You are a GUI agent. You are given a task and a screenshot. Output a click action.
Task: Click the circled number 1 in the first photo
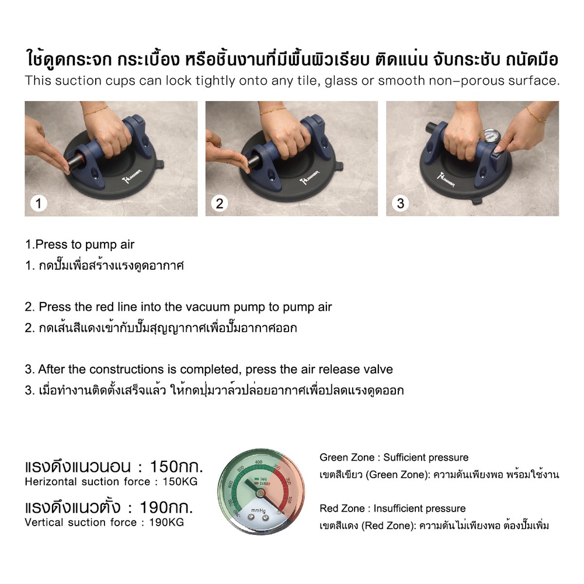click(x=39, y=203)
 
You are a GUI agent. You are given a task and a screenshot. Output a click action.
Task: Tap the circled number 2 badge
click(x=220, y=203)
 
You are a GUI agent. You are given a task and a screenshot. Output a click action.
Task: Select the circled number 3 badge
click(x=401, y=203)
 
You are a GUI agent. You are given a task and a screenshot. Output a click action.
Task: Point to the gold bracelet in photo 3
click(x=536, y=114)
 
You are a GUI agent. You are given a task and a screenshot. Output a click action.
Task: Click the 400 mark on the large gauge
click(x=259, y=462)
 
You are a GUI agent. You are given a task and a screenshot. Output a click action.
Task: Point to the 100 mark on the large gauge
click(x=290, y=499)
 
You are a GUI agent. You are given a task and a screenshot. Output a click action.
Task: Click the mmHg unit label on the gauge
click(x=258, y=510)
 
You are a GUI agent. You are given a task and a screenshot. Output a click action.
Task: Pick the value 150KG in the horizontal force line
click(x=180, y=482)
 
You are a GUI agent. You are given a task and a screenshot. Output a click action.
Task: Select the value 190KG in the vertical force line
click(x=166, y=522)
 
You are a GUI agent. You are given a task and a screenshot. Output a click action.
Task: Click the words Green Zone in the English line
click(x=347, y=457)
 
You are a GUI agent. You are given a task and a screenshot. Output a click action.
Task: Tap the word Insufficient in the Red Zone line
click(x=395, y=509)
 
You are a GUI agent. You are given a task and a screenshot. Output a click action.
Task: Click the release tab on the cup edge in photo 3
click(x=477, y=201)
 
